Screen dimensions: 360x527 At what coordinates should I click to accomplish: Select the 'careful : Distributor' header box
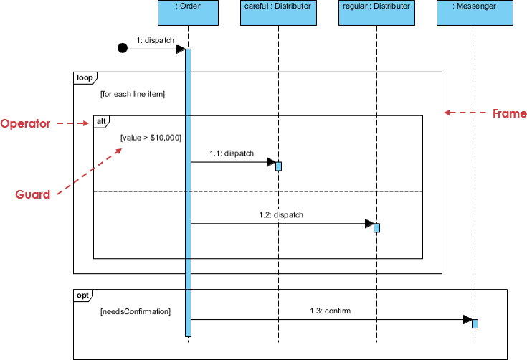point(279,14)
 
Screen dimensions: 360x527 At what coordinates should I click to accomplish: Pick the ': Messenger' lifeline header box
point(475,14)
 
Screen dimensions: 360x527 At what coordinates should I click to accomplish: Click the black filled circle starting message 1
point(123,49)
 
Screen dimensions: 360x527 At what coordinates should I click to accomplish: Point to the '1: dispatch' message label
point(155,41)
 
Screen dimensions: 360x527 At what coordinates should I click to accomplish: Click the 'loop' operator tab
point(85,77)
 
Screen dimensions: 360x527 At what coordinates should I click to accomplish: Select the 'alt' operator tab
point(102,122)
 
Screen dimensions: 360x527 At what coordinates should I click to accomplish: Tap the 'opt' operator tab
point(83,295)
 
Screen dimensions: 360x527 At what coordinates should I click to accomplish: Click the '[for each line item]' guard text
point(133,94)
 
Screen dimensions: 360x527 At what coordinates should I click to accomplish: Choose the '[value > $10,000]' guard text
point(151,137)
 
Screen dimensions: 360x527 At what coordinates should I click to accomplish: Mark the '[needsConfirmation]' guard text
point(136,312)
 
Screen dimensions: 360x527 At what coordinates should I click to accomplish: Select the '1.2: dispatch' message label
point(281,214)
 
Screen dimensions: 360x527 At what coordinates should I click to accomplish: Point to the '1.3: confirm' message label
point(330,311)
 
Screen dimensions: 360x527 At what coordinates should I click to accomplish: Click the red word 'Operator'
point(25,123)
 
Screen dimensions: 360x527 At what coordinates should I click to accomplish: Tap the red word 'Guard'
point(33,194)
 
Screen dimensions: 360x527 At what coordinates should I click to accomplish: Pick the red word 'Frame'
point(510,113)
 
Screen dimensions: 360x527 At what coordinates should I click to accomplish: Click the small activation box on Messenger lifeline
point(475,323)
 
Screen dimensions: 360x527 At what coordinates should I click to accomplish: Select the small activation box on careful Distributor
point(279,166)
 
